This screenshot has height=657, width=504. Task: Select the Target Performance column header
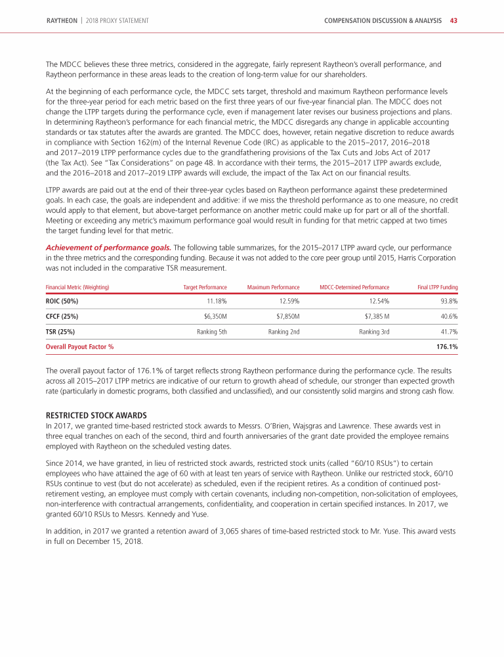[x=205, y=287]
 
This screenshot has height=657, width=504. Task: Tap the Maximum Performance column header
[x=274, y=287]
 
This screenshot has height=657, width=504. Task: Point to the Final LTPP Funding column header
[x=437, y=287]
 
